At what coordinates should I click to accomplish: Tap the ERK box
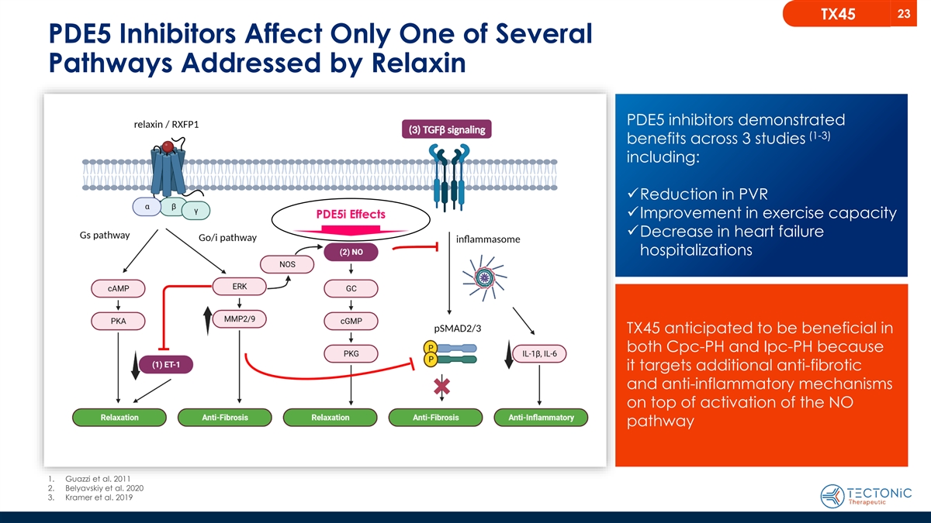pos(240,287)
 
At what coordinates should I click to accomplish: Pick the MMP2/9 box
pos(240,319)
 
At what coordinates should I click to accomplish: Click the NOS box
pos(286,265)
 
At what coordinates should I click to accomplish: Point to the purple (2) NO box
pos(351,251)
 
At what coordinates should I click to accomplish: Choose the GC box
pos(351,288)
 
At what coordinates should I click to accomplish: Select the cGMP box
pos(351,321)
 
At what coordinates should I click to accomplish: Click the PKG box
pos(351,354)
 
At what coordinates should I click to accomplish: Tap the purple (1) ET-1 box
pos(165,364)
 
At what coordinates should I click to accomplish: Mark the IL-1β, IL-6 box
pos(540,354)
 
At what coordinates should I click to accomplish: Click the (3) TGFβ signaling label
pos(447,129)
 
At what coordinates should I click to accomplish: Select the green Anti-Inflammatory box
pos(541,418)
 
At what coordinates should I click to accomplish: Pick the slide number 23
pos(903,13)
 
